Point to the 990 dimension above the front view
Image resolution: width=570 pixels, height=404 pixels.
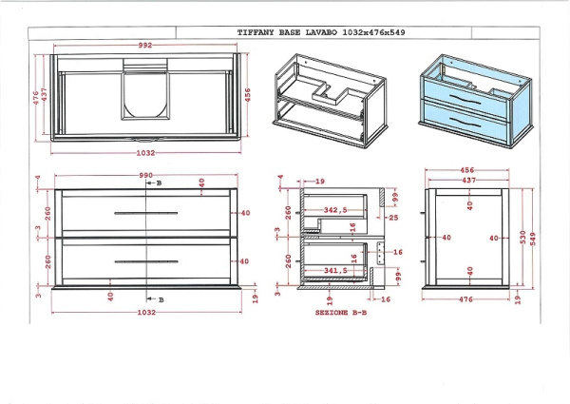pos(146,176)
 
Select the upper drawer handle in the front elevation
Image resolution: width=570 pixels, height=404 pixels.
pos(145,214)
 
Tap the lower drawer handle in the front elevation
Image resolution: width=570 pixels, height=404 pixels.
pos(145,260)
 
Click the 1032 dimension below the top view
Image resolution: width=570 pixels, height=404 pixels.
pos(145,152)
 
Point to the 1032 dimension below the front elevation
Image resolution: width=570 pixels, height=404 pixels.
pos(145,312)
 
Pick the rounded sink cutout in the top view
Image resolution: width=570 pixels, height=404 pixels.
pos(145,95)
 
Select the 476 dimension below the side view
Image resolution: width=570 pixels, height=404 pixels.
pos(466,300)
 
